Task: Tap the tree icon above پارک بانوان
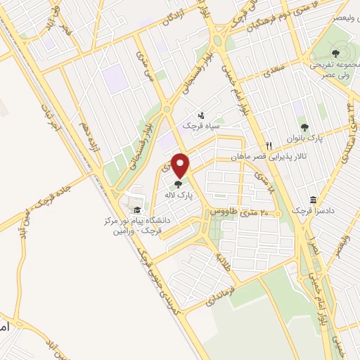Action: coord(304,127)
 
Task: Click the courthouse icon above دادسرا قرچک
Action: coord(312,199)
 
